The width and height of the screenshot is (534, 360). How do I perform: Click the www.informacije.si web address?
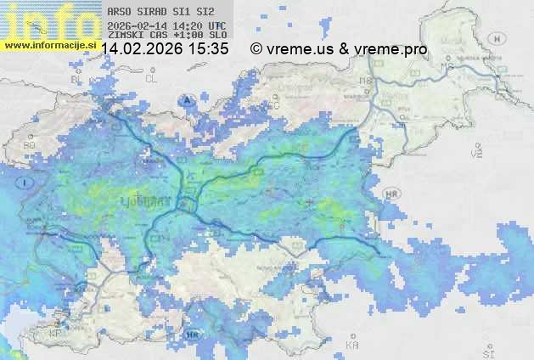coord(48,44)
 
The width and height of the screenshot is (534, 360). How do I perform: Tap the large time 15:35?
coord(209,49)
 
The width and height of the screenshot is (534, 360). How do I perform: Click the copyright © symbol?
coord(256,49)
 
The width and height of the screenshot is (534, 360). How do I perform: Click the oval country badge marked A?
coord(186,99)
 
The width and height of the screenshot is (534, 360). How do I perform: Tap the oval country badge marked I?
coord(27,183)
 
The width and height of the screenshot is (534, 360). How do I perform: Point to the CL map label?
coord(152,78)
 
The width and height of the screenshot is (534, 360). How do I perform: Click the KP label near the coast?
coord(57,333)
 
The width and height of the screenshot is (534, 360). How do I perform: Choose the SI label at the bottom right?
coord(486,350)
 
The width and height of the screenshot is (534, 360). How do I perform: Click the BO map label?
coord(31,145)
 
